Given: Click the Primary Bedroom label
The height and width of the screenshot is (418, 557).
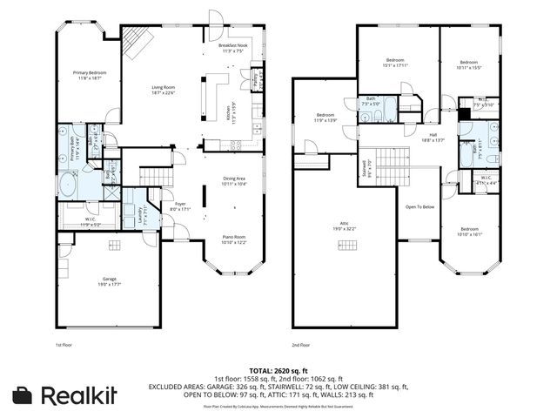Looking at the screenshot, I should point(90,75).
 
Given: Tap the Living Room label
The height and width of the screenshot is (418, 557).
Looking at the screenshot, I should point(164,90).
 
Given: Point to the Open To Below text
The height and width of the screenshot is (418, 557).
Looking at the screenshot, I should point(420,206).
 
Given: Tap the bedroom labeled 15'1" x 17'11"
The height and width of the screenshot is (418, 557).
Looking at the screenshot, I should point(395,63).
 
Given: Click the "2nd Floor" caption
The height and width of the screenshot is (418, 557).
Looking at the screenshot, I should point(300,345).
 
